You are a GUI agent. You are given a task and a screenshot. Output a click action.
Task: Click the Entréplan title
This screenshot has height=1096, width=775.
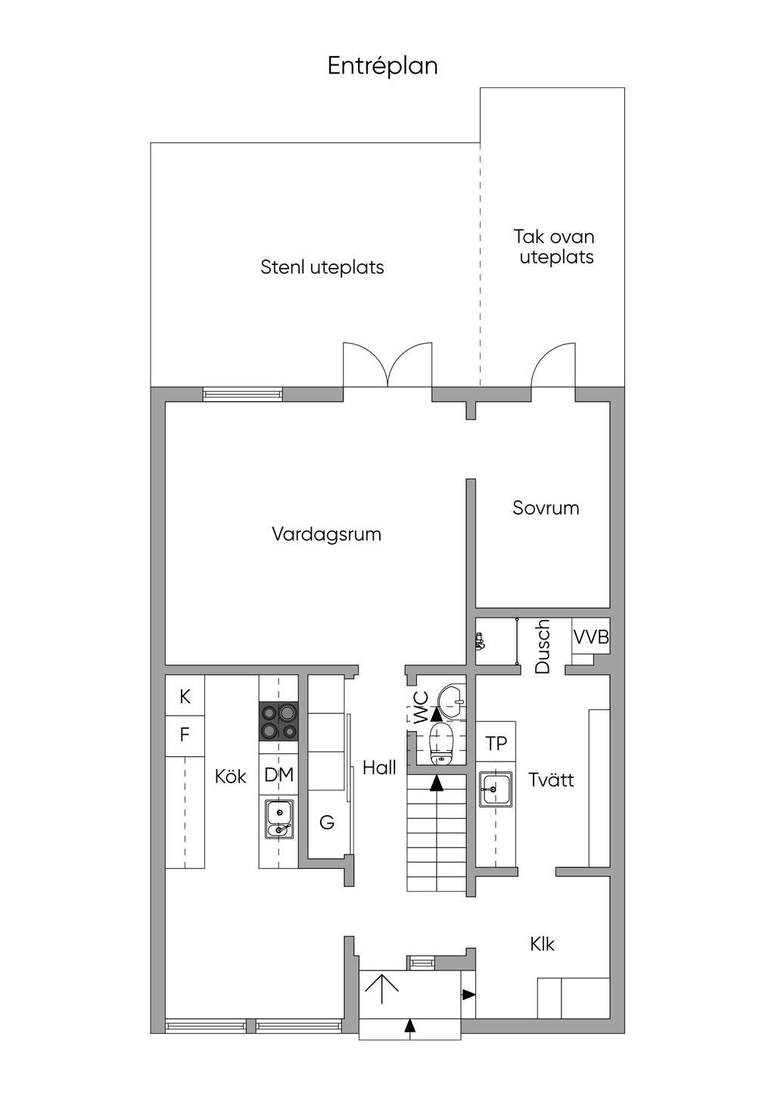382,67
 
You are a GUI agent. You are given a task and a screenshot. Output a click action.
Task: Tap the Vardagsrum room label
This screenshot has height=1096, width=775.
326,534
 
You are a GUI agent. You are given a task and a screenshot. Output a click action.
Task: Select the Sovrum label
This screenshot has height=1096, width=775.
546,508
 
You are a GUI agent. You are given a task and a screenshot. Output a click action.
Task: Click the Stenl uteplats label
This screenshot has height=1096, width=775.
322,267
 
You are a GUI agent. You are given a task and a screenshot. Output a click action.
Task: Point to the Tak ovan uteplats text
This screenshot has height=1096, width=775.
555,247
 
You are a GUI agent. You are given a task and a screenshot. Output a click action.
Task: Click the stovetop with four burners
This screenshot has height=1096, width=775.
279,721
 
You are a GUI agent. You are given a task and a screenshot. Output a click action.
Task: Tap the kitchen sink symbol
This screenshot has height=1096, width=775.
279,819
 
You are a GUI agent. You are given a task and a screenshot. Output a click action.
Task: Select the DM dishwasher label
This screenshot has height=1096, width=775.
279,775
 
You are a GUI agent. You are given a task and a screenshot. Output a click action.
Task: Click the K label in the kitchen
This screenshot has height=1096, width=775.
185,697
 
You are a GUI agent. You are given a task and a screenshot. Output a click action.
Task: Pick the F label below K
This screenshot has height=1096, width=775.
185,734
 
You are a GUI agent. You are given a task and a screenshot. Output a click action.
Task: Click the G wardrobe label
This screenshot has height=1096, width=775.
327,822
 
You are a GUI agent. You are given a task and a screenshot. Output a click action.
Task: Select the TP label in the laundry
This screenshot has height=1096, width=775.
496,744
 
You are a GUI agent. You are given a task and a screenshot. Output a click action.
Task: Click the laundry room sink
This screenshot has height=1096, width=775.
496,789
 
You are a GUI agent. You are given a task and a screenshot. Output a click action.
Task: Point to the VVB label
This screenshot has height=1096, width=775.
590,637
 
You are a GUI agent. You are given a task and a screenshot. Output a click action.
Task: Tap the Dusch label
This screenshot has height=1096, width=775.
543,646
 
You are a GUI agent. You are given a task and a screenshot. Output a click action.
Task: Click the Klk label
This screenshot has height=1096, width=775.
542,944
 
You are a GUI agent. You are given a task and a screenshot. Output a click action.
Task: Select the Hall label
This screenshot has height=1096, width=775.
379,768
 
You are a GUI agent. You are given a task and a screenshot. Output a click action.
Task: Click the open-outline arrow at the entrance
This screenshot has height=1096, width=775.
382,989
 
